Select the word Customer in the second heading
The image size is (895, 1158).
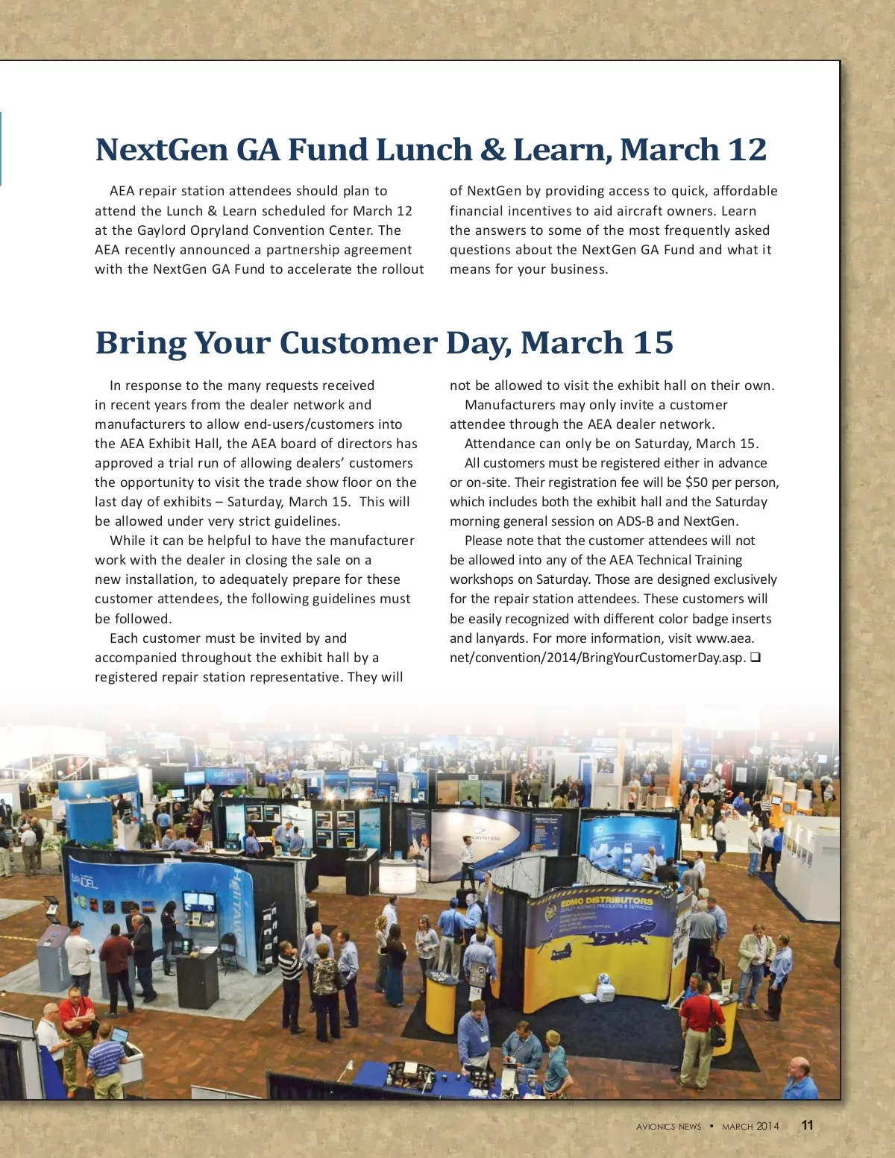[359, 343]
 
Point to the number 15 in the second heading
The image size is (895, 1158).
[653, 343]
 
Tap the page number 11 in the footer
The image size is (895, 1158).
[808, 1125]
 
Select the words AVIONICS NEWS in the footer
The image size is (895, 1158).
[668, 1127]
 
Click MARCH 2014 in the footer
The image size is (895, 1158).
[750, 1127]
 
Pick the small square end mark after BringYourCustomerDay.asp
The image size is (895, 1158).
[755, 658]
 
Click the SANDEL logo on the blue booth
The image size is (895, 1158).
[84, 881]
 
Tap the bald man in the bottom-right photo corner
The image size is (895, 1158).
[799, 1078]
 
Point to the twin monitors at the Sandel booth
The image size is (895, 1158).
[199, 901]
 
